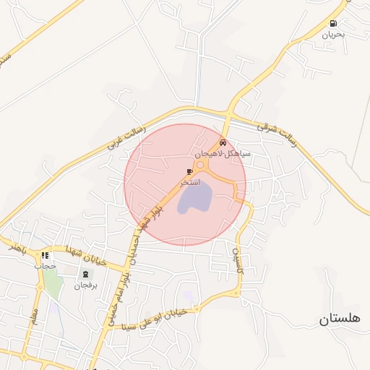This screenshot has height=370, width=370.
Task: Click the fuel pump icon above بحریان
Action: [x=333, y=24]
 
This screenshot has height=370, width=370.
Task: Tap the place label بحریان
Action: [x=333, y=34]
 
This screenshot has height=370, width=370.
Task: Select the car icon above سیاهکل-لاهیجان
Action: [x=223, y=143]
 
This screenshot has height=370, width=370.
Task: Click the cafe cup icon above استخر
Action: [x=190, y=172]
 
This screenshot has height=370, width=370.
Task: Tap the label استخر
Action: [x=191, y=183]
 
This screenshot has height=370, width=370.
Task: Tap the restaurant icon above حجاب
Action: [x=46, y=255]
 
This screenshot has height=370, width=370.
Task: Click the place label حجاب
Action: [x=45, y=265]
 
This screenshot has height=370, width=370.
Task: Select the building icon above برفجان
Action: [x=87, y=275]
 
